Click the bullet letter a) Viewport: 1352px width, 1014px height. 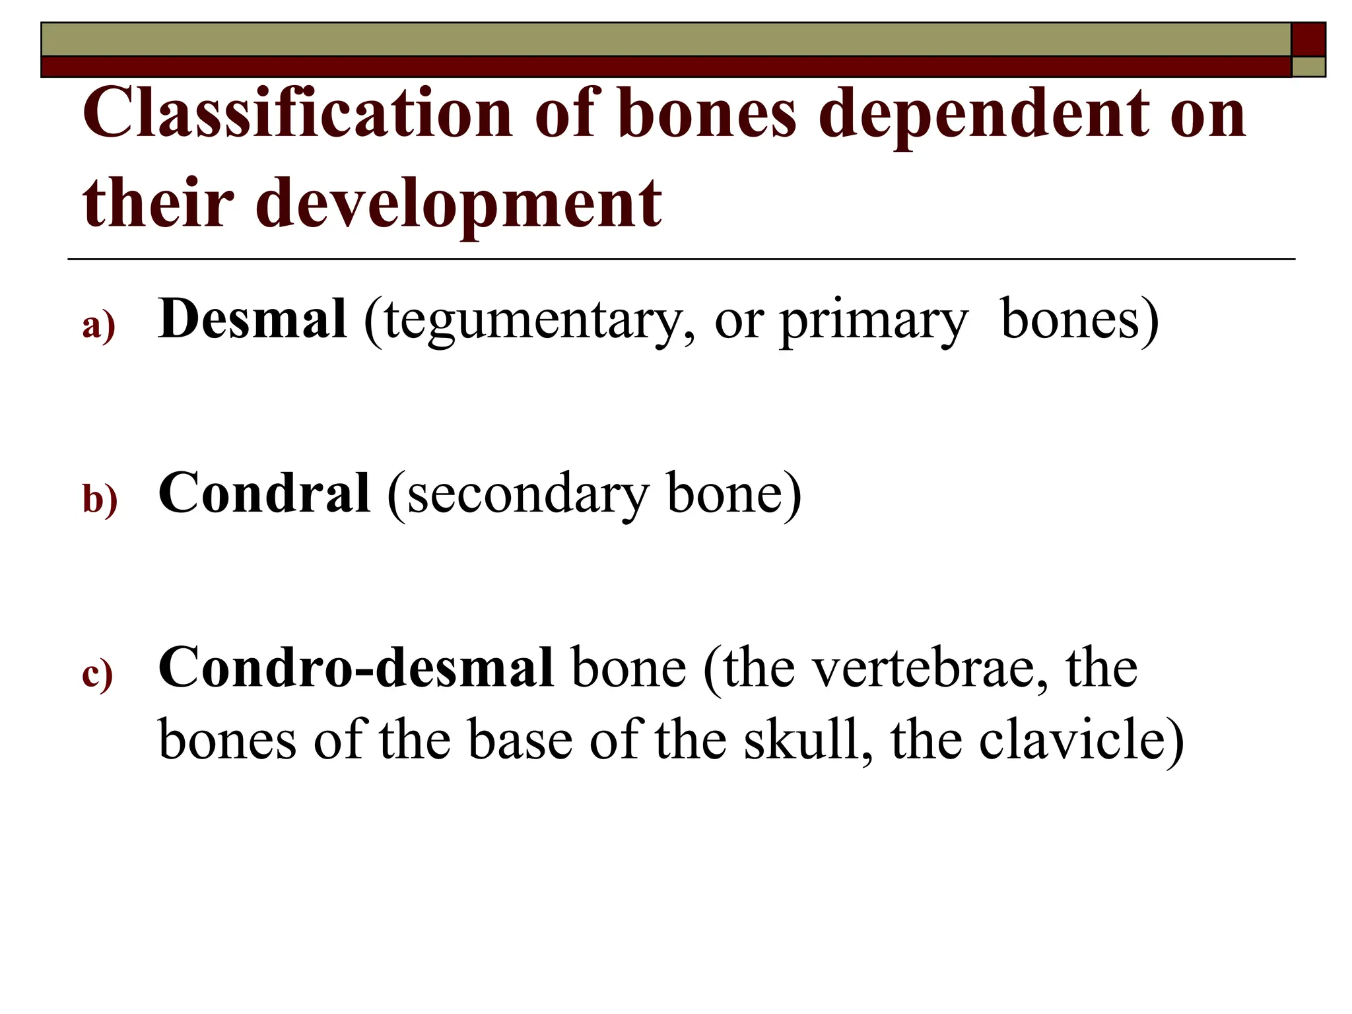pos(98,325)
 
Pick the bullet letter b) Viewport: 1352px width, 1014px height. pos(100,500)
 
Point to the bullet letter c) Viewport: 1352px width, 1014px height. pos(98,674)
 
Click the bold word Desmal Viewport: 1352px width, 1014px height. pos(252,319)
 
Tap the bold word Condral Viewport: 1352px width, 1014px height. pos(264,493)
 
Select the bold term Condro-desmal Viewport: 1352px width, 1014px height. pos(356,667)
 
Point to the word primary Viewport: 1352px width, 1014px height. pos(873,320)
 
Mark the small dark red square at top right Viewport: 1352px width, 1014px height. pos(1308,40)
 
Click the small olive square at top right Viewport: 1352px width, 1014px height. pos(1308,67)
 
